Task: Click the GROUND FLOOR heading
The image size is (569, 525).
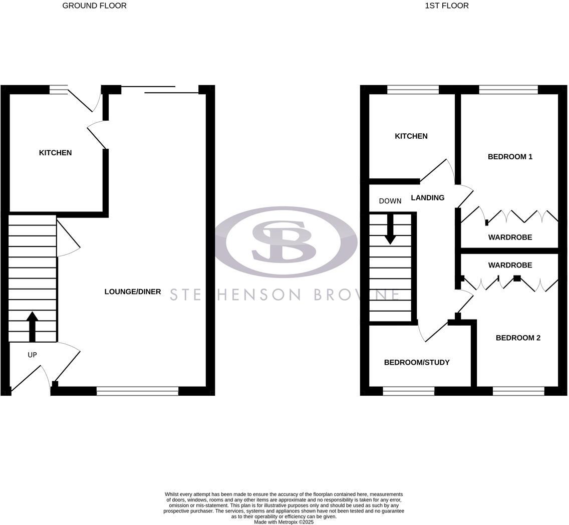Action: [94, 6]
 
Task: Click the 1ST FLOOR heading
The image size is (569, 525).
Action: [446, 6]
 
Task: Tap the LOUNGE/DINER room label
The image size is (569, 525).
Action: [133, 292]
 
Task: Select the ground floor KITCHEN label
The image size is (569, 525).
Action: [55, 153]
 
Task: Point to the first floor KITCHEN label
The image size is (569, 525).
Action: [411, 136]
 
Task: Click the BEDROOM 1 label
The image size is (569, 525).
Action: [510, 157]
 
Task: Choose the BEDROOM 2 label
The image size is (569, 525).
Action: [518, 338]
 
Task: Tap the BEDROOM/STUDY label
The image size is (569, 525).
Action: [417, 363]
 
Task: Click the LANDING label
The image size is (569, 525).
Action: [427, 198]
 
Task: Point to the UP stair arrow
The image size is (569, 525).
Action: [32, 326]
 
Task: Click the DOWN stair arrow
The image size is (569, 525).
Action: [390, 229]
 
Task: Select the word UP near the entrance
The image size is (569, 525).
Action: [32, 355]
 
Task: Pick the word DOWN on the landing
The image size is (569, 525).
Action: [390, 201]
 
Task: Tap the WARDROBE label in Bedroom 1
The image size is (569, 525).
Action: [510, 237]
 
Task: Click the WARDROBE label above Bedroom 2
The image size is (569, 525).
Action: [510, 266]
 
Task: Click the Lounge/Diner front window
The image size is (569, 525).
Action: [137, 391]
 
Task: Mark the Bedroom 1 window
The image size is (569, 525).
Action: [508, 90]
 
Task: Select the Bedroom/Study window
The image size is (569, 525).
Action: [408, 391]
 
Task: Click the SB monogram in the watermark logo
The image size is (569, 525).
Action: [284, 242]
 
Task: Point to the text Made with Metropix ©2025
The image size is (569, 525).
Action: [283, 522]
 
